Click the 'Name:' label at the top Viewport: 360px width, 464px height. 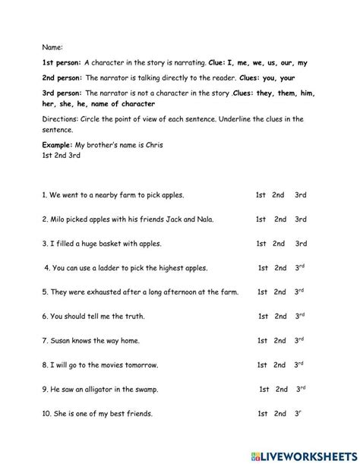[x=52, y=46]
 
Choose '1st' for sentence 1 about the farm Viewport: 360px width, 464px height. [x=261, y=195]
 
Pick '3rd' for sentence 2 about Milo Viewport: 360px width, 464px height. [x=301, y=219]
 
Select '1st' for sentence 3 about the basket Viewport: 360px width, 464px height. [x=261, y=244]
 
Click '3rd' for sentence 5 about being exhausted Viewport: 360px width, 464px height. [x=301, y=292]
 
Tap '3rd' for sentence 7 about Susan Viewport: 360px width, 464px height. [x=301, y=340]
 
